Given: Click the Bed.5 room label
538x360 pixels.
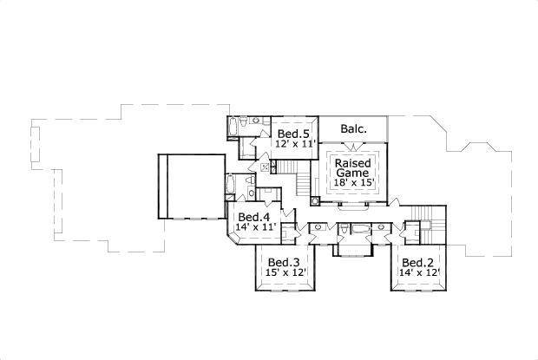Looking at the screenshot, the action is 293,134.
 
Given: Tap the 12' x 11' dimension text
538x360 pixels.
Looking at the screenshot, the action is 295,143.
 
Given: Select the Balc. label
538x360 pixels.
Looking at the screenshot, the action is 354,129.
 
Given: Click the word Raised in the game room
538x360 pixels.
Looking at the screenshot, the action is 352,163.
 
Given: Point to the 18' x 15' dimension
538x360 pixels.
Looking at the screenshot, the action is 354,182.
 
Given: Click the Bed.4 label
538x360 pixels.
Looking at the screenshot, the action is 254,217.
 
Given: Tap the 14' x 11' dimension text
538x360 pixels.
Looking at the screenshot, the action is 256,226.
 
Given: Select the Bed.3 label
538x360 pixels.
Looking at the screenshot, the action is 284,263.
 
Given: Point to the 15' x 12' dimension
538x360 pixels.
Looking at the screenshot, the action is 285,272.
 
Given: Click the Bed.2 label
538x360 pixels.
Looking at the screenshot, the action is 417,263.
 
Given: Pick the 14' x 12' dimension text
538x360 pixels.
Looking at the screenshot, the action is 420,272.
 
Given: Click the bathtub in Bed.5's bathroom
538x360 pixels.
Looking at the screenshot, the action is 233,127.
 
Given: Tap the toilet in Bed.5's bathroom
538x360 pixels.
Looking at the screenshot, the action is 244,121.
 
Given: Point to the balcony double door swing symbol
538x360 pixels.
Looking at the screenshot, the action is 354,146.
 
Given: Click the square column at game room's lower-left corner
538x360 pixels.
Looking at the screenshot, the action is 315,200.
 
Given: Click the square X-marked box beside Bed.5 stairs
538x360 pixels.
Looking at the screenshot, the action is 265,167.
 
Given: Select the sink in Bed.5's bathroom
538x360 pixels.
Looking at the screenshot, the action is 257,121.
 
